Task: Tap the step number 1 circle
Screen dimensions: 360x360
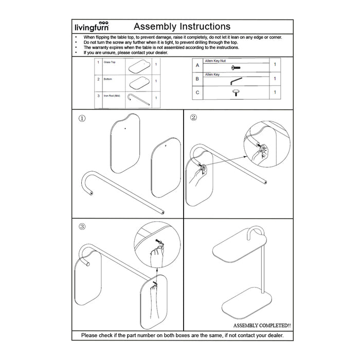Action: pyautogui.click(x=82, y=118)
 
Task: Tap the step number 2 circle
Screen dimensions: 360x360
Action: pyautogui.click(x=193, y=117)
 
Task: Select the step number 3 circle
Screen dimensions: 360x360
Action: pyautogui.click(x=82, y=226)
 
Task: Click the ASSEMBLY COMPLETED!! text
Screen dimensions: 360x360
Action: pyautogui.click(x=262, y=326)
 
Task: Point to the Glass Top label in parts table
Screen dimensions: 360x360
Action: pyautogui.click(x=110, y=62)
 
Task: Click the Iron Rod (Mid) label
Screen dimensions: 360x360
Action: pyautogui.click(x=112, y=96)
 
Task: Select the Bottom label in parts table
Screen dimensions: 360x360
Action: pyautogui.click(x=107, y=79)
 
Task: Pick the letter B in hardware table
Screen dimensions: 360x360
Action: pyautogui.click(x=197, y=79)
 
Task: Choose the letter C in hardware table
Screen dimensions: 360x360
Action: pyautogui.click(x=197, y=93)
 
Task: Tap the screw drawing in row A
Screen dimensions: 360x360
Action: pyautogui.click(x=236, y=67)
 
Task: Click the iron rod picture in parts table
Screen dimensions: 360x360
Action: pyautogui.click(x=138, y=99)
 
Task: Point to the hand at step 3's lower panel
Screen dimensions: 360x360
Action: pyautogui.click(x=155, y=298)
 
